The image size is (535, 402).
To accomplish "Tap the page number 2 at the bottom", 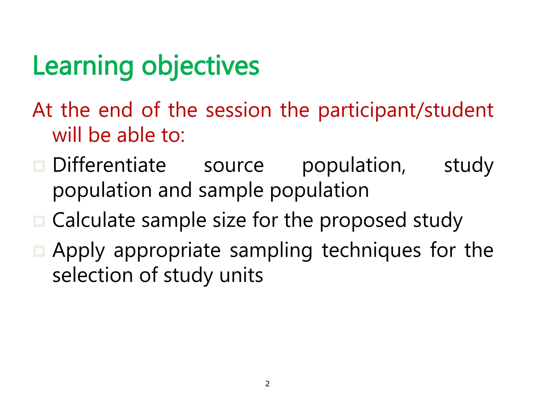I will [267, 384].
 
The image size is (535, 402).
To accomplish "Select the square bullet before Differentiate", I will [39, 166].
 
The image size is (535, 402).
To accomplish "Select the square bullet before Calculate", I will [39, 221].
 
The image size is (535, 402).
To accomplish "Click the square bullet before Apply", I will [39, 251].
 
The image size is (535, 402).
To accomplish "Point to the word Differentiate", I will [109, 165].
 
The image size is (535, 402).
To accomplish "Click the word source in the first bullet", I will [234, 166].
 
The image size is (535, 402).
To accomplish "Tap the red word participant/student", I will [405, 110].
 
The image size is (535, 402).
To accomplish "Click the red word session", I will [239, 110].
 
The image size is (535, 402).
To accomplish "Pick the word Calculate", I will [94, 220].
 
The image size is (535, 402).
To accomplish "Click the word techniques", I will [371, 251].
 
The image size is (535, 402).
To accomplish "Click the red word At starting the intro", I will [42, 110].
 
